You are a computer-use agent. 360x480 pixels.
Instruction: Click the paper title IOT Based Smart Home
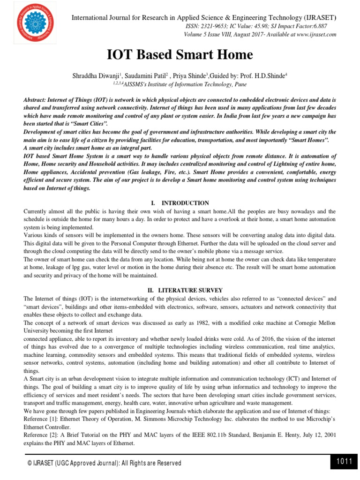(180, 55)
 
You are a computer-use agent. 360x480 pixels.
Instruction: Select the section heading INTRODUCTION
(185, 203)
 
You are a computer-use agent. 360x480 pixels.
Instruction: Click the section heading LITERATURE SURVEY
(185, 290)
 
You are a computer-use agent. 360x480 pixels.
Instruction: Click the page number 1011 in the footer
(344, 462)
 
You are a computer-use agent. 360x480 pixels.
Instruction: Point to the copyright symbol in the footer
(30, 463)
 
